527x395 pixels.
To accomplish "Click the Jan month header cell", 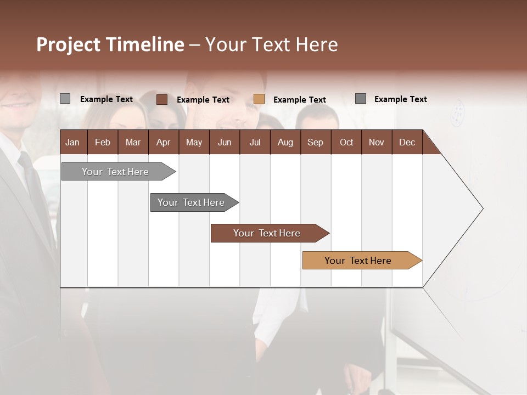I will [73, 142].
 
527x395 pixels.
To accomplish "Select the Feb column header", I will [103, 142].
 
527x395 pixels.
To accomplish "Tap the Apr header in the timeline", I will [163, 142].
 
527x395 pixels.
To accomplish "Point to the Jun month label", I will [225, 142].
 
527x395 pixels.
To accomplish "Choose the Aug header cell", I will [285, 142].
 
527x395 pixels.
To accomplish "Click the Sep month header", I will [315, 142].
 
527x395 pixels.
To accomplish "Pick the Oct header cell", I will [346, 142].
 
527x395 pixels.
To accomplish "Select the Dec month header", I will [407, 142].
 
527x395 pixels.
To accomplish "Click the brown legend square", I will [162, 99].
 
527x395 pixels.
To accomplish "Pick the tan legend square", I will [259, 99].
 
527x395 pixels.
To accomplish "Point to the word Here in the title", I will [317, 44].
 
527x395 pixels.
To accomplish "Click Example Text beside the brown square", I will [203, 100].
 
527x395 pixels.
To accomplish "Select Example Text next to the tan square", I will [300, 100].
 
